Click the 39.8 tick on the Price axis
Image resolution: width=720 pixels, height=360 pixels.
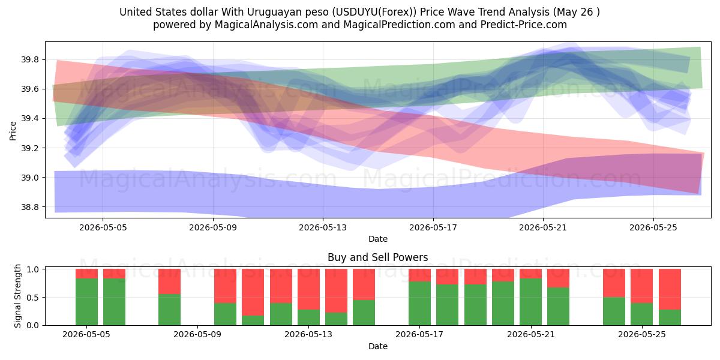[x=30, y=60]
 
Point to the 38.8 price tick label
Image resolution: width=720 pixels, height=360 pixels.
[x=30, y=207]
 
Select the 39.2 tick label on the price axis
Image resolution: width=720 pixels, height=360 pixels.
[x=30, y=148]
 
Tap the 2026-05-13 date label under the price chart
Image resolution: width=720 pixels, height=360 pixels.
[x=323, y=227]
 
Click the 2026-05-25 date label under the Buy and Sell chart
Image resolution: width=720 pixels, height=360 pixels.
[x=641, y=335]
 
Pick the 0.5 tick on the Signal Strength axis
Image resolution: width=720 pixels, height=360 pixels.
[x=32, y=298]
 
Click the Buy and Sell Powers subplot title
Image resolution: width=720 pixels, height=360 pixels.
[x=377, y=257]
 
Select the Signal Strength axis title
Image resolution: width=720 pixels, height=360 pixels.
[x=17, y=296]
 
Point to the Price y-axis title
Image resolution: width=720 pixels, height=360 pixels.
[x=13, y=131]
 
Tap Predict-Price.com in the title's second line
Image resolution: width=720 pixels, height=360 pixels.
[x=524, y=25]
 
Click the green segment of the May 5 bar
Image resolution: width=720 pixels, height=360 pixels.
[x=87, y=302]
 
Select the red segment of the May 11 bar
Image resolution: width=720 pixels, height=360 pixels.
[x=253, y=292]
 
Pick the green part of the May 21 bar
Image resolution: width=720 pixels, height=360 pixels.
[x=530, y=302]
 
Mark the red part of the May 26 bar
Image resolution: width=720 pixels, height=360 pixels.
[x=670, y=289]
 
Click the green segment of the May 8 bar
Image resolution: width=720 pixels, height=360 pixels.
[x=170, y=310]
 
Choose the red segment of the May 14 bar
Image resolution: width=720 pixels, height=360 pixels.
[x=336, y=290]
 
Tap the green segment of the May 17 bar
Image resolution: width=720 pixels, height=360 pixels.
[x=420, y=304]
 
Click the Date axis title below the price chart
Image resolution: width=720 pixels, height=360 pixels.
[x=378, y=239]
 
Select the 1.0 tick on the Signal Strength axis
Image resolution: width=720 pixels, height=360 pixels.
[x=32, y=269]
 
